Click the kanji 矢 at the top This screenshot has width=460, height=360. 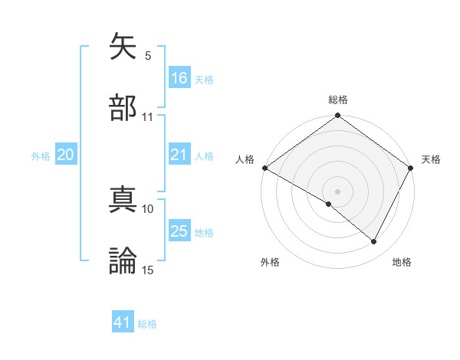click(123, 48)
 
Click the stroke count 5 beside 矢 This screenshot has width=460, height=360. click(148, 56)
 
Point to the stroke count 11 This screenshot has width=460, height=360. click(148, 117)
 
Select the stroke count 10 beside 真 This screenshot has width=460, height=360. click(148, 208)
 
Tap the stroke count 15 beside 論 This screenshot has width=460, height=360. click(148, 270)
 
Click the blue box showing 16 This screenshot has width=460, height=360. click(179, 77)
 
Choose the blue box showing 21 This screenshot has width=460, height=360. click(179, 155)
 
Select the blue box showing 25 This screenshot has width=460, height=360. click(179, 231)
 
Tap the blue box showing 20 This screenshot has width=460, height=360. click(66, 155)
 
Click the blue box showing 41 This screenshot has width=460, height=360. click(123, 322)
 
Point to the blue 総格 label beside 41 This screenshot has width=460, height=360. click(147, 324)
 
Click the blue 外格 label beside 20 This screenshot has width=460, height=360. click(41, 155)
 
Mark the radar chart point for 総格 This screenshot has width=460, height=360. click(337, 116)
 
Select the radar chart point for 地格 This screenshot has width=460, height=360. click(374, 242)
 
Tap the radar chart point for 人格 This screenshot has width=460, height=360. click(264, 168)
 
